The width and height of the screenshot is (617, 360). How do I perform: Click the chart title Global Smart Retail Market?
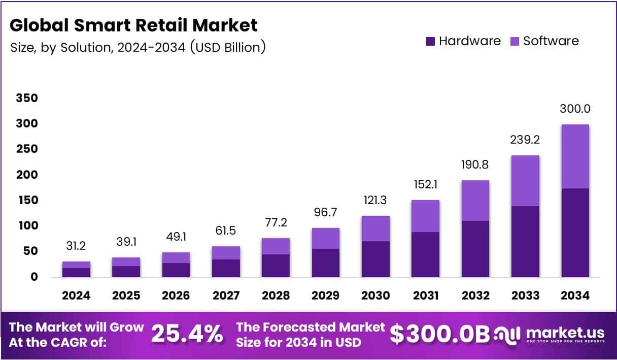tap(133, 25)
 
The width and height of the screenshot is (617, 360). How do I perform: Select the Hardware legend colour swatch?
tap(430, 42)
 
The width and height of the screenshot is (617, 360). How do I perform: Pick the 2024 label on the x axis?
tap(76, 296)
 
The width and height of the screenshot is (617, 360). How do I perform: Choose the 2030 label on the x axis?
tap(375, 296)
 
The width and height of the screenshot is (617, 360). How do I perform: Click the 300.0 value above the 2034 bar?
tap(575, 109)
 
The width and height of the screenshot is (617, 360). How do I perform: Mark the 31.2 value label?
tap(76, 246)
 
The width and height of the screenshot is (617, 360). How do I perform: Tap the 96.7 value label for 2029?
tap(326, 212)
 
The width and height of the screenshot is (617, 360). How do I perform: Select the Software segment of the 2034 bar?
tap(575, 156)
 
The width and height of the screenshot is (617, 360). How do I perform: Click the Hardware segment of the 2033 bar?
tap(525, 242)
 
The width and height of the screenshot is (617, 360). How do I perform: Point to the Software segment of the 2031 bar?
tap(425, 216)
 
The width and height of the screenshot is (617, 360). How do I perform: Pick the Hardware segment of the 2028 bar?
tap(276, 266)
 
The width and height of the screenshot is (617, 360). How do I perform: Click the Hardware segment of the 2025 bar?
tap(126, 271)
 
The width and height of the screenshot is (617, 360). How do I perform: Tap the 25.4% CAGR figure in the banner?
tap(187, 334)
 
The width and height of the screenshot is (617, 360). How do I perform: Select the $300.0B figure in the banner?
tap(440, 334)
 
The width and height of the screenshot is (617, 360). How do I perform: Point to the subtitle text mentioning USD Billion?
tap(138, 47)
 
